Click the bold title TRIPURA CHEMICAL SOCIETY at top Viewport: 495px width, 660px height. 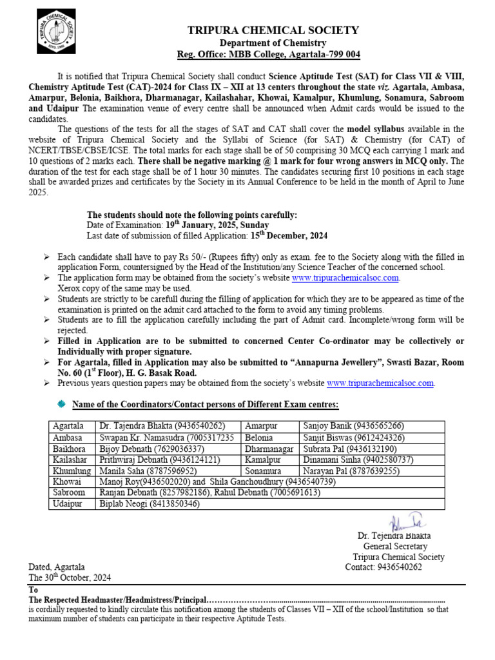pos(273,30)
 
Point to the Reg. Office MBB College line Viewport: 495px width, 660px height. pos(269,54)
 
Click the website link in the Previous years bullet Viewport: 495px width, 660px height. pos(380,383)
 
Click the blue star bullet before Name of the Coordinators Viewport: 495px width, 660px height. pos(61,403)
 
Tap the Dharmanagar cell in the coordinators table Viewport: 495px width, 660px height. pos(269,449)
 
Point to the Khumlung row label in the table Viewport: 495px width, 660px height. pos(72,471)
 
